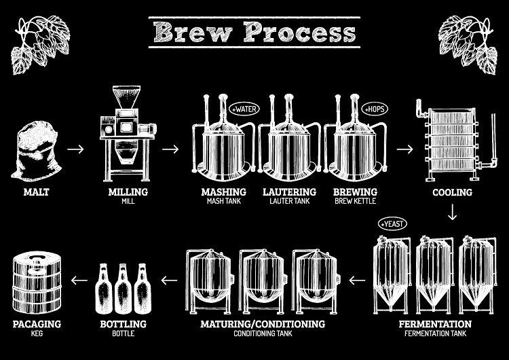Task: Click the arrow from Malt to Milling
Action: click(x=78, y=149)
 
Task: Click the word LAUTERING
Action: click(x=290, y=192)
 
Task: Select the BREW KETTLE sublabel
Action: click(x=356, y=202)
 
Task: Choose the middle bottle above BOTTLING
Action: click(x=123, y=285)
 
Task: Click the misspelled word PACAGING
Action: click(x=37, y=324)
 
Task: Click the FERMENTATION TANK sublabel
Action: click(x=436, y=334)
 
